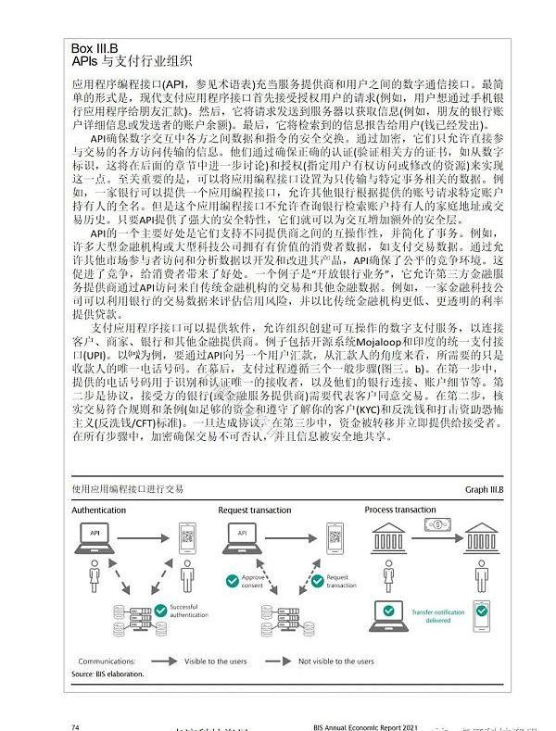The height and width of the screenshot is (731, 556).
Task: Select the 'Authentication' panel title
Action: point(99,510)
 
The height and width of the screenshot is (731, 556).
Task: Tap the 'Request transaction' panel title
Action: point(256,510)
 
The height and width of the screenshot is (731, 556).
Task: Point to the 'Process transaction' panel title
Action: point(400,510)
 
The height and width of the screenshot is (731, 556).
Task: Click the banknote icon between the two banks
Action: point(434,526)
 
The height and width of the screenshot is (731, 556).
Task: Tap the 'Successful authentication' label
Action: point(191,611)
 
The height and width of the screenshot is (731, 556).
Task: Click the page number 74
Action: point(75,726)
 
